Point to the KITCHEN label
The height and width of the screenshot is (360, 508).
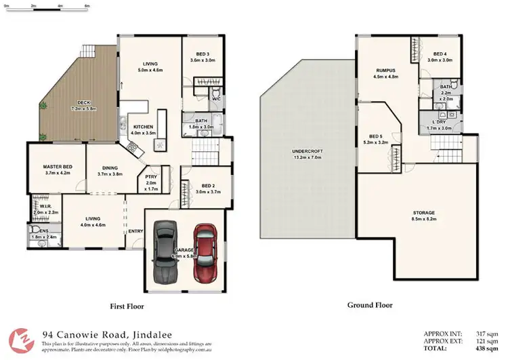pyautogui.click(x=144, y=127)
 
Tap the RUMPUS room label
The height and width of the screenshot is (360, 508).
pyautogui.click(x=385, y=71)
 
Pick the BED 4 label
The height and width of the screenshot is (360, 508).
pyautogui.click(x=440, y=54)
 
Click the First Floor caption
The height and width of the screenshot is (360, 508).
pyautogui.click(x=127, y=306)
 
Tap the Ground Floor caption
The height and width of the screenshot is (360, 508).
pyautogui.click(x=370, y=305)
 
